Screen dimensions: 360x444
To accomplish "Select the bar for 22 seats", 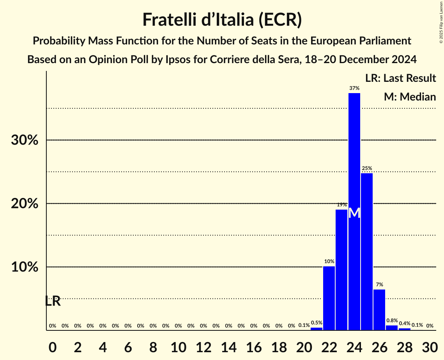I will coord(329,298).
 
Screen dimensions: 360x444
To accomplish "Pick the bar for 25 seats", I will coord(367,251).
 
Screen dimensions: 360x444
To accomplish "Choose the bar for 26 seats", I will coord(379,310).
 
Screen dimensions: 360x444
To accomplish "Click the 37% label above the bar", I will coord(354,88).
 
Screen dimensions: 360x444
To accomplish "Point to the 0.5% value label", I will coord(317,323).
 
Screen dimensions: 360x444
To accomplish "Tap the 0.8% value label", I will coord(392,321).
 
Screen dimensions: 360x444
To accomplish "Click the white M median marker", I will coord(354,213).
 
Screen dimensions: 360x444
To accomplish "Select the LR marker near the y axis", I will coord(53,301).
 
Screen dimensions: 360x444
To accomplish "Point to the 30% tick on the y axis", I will coord(25,140).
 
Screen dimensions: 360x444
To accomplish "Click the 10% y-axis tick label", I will coord(25,267).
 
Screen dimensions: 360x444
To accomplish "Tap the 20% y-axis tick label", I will coord(25,204).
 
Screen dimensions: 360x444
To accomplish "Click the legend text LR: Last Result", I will coord(400,78).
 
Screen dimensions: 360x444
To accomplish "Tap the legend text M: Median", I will coord(410,97).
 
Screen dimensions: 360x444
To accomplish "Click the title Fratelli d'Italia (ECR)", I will coord(222,19).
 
